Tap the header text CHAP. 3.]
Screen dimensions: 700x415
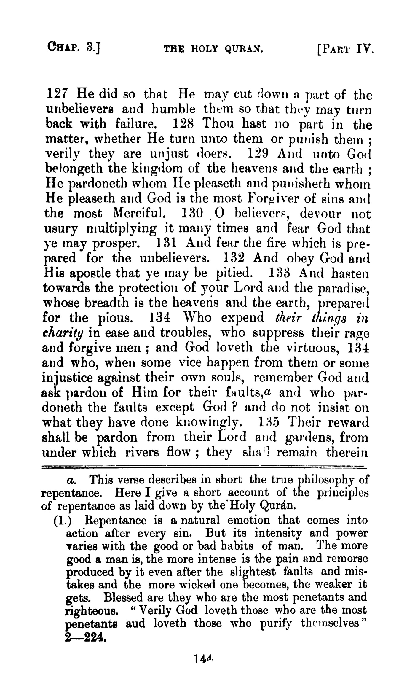tap(74, 47)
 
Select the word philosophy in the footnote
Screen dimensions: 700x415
tap(325, 480)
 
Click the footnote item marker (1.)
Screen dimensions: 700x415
tap(62, 521)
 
